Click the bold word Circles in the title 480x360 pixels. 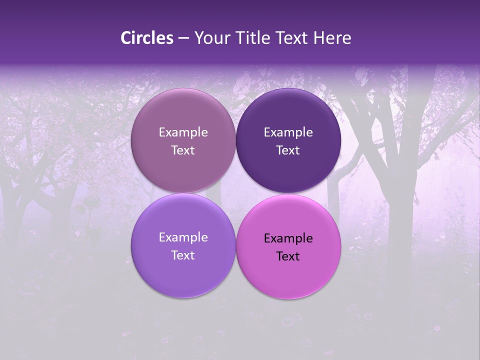147,38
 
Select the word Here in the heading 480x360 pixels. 332,38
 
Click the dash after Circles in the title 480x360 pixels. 183,38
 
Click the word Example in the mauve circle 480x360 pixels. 183,132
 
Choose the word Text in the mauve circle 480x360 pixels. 183,150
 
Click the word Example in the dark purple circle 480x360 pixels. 288,132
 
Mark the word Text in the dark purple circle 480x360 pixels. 288,150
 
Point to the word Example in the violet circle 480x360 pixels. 183,237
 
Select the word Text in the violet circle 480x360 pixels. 183,255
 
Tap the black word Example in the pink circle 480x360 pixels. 288,238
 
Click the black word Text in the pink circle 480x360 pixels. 288,256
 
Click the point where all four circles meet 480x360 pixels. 235,193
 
